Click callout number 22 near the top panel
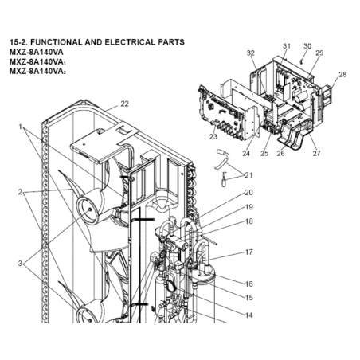pos(124,104)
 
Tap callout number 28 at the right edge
pos(342,75)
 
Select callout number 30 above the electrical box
pos(307,46)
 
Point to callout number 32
pos(251,53)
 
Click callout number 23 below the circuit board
pos(213,137)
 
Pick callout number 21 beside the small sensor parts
pos(248,175)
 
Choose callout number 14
pos(248,315)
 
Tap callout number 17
pos(248,252)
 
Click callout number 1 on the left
pos(20,127)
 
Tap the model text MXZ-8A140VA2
pos(37,72)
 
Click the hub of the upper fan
pos(88,209)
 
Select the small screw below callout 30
pos(302,62)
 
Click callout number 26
pos(280,153)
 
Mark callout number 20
pos(248,192)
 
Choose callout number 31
pos(287,46)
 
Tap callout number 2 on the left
pos(20,192)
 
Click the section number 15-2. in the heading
pos(18,42)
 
